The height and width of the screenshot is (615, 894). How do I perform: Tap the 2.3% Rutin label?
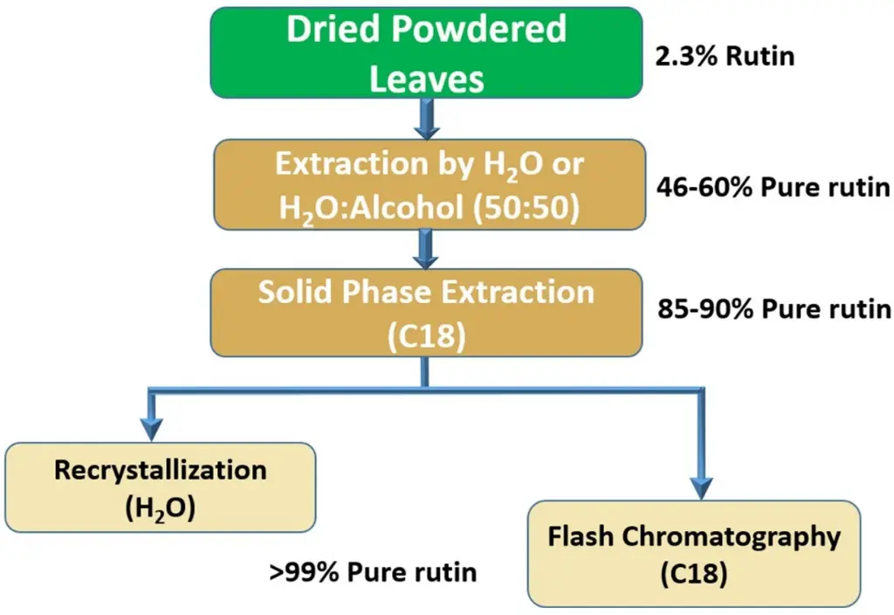(x=725, y=58)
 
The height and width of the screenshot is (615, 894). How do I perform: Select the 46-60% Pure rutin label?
(x=773, y=188)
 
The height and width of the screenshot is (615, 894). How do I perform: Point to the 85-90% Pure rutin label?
(x=773, y=309)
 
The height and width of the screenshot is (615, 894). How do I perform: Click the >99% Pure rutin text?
(x=373, y=572)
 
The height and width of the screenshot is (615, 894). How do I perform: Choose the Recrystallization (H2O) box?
(x=160, y=487)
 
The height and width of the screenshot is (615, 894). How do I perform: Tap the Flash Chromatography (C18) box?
(x=694, y=554)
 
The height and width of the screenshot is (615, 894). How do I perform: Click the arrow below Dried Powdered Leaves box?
(x=426, y=120)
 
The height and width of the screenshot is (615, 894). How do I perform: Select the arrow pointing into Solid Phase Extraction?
(x=426, y=250)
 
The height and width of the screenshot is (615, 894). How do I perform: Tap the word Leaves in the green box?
(x=426, y=80)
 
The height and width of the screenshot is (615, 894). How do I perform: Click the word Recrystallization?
(x=160, y=470)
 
